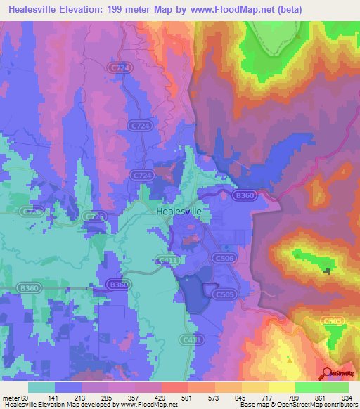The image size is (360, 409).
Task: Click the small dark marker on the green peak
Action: (326, 271)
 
